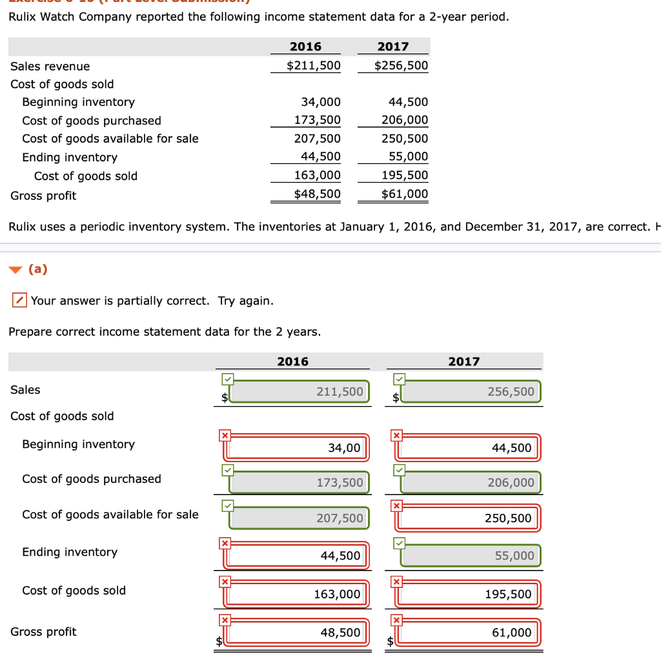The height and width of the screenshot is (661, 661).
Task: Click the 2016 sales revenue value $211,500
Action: (x=314, y=66)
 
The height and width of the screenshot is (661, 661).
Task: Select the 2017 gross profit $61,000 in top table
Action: (x=401, y=194)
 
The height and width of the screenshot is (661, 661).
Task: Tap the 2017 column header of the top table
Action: (x=393, y=46)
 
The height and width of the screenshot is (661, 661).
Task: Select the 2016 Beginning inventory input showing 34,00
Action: (x=300, y=447)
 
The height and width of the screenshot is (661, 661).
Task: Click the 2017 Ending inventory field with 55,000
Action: (x=471, y=556)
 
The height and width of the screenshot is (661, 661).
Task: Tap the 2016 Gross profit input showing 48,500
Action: (x=300, y=633)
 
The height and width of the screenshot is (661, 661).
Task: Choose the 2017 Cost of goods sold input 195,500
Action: (x=471, y=594)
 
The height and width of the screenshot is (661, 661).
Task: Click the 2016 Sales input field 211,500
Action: (x=300, y=392)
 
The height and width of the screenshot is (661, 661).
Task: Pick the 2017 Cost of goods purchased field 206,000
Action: (x=471, y=482)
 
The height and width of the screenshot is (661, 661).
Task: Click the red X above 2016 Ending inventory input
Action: (x=225, y=544)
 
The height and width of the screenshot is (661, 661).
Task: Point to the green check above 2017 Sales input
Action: (x=399, y=378)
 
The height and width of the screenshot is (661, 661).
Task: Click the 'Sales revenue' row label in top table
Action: (x=50, y=66)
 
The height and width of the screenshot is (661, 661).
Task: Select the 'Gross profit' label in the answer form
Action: (x=43, y=632)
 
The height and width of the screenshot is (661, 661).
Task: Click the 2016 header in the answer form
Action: (x=292, y=361)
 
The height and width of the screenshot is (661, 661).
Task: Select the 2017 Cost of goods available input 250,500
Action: (x=471, y=518)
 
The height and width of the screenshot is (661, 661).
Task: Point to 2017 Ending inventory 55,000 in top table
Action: (x=408, y=156)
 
